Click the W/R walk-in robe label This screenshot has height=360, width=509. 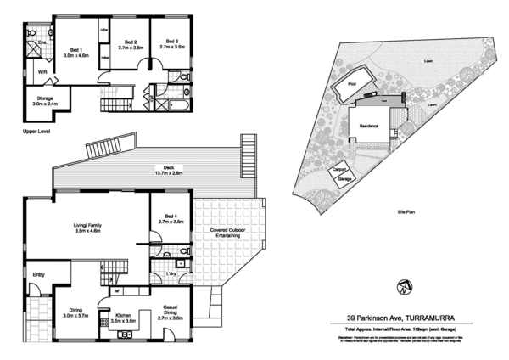pos(42,73)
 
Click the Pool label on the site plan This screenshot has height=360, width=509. pos(353,84)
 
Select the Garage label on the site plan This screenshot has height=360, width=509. pos(345,179)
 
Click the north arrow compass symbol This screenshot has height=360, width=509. pos(402,284)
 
